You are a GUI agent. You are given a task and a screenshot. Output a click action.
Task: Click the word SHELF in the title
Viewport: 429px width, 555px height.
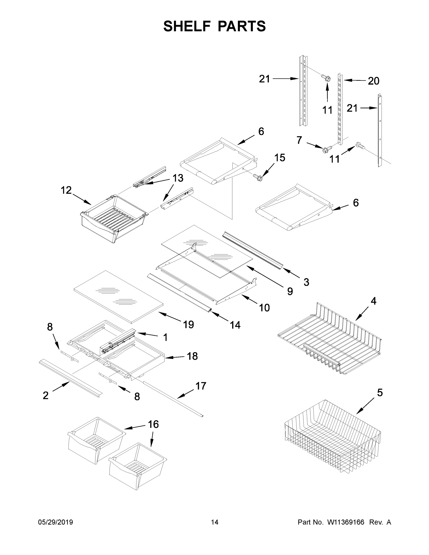tap(187, 26)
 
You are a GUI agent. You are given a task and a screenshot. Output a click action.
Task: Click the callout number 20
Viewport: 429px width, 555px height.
tap(373, 81)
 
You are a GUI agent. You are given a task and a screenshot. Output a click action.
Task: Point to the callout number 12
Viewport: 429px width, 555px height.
tap(66, 190)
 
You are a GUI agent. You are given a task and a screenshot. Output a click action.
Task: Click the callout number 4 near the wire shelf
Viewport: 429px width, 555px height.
tap(373, 301)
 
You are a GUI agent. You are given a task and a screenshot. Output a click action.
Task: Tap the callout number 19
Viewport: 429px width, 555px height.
tap(188, 324)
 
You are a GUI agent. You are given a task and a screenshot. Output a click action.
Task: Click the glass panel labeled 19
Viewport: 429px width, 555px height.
tap(118, 296)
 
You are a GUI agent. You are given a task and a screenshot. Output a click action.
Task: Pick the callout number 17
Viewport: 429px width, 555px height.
tap(201, 386)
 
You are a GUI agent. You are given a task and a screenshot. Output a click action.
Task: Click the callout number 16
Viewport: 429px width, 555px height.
tap(153, 424)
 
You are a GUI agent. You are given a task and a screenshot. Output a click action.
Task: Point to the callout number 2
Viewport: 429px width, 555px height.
tap(46, 395)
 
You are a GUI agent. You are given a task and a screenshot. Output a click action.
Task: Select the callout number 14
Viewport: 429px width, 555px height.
tap(235, 325)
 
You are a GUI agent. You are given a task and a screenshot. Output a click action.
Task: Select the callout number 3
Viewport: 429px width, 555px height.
tap(306, 282)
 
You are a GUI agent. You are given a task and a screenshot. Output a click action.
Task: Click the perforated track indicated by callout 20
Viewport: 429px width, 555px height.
tap(339, 109)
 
